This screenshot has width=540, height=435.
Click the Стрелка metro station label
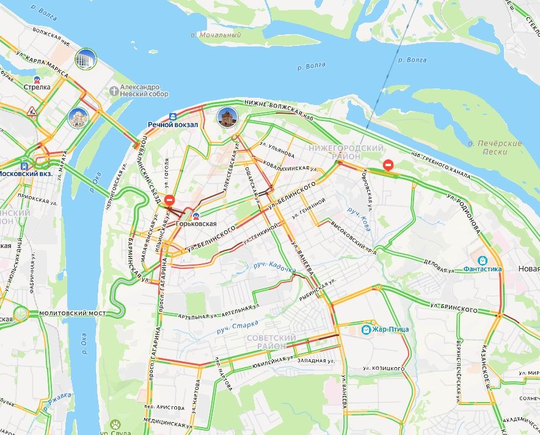[37, 87]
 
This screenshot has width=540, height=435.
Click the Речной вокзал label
[164, 125]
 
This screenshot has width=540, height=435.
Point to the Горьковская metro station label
[196, 224]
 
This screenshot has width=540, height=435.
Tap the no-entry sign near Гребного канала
[388, 165]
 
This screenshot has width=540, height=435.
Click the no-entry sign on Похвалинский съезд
[170, 200]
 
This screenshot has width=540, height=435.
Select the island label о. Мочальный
[216, 35]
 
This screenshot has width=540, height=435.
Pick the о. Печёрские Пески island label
[494, 147]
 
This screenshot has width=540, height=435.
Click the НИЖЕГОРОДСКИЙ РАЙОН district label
[346, 152]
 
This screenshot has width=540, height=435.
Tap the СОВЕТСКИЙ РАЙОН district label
[271, 342]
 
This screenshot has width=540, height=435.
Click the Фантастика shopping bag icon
[483, 260]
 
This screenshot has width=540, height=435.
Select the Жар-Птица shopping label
[390, 329]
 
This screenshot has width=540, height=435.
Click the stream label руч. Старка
[237, 326]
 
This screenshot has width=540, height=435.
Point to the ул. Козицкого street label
[383, 368]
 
